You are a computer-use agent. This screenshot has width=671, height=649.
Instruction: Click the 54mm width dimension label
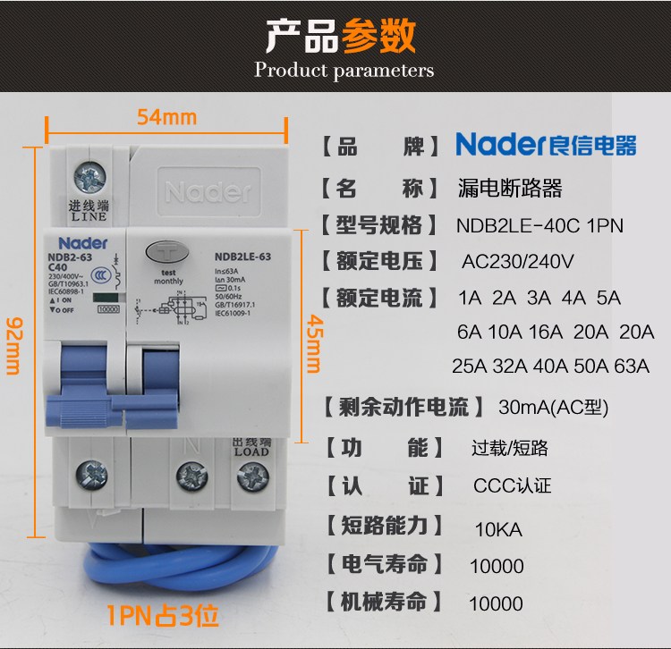166,117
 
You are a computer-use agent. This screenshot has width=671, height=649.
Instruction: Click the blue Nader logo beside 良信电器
499,144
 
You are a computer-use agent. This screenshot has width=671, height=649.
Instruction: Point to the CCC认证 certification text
513,486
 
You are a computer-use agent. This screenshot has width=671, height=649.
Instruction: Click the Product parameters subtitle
344,70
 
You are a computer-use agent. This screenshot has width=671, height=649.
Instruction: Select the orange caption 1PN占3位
162,616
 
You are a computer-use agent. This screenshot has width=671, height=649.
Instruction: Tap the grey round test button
167,253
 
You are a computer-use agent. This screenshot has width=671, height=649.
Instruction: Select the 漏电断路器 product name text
509,189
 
